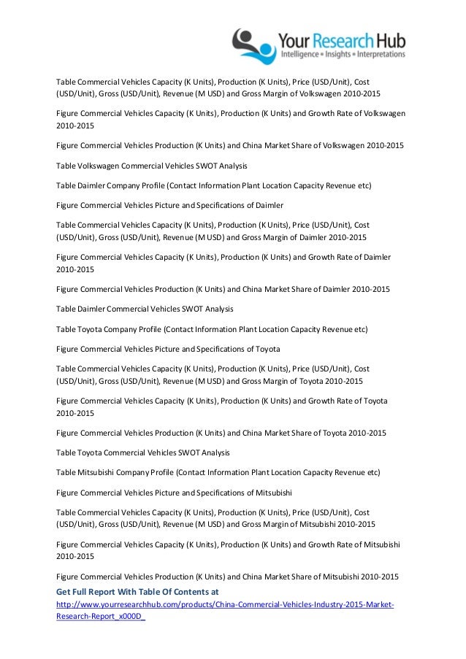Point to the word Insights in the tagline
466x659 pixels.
point(342,54)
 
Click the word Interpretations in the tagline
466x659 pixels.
point(382,54)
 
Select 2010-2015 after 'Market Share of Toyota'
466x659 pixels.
point(367,433)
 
